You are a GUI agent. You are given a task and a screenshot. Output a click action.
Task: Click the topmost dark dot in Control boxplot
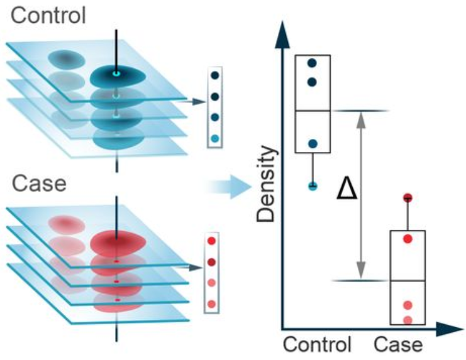(313, 63)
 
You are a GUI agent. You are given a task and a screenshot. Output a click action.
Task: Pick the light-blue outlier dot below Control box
(313, 185)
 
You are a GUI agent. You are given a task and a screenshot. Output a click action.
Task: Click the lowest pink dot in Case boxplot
(408, 320)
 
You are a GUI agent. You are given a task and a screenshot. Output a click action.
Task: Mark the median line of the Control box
(313, 111)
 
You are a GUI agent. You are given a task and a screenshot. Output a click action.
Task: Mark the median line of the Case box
(408, 280)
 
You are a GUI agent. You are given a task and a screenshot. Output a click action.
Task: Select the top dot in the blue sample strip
(215, 75)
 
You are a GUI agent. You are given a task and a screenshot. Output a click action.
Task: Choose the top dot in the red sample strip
(213, 241)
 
